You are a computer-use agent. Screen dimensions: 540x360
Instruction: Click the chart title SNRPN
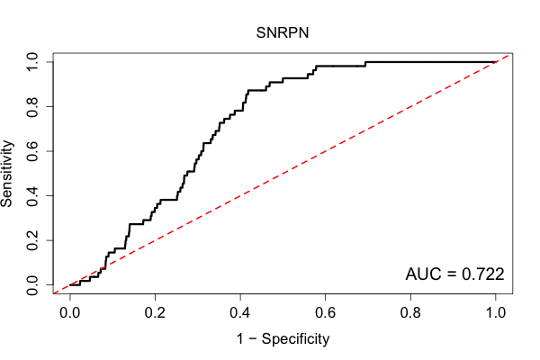point(282,33)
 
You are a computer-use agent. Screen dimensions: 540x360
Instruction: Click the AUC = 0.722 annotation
point(454,274)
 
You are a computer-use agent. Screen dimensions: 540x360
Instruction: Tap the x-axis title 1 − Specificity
point(283,339)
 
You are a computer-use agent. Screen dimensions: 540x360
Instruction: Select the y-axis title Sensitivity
point(7,174)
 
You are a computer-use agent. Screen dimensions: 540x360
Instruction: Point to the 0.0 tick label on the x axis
point(70,313)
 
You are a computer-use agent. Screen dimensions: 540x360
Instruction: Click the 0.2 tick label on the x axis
point(155,313)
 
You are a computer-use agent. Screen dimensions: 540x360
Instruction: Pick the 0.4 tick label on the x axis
point(240,313)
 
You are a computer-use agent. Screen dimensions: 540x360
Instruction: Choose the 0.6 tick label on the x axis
point(325,313)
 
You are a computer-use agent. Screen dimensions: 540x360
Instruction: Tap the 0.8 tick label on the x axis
point(410,313)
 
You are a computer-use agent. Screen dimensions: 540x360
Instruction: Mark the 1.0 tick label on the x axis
point(496,313)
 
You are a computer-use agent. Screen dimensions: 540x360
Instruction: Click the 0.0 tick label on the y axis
point(32,284)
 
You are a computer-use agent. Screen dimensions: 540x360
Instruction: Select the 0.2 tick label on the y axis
point(32,240)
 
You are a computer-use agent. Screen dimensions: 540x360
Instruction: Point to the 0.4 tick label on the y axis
point(32,195)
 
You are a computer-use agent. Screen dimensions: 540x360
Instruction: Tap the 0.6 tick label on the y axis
point(32,151)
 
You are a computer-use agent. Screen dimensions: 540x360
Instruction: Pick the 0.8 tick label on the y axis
point(32,107)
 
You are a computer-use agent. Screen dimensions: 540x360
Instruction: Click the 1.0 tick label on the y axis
point(32,62)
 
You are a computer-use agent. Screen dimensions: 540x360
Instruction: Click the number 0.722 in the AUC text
point(482,274)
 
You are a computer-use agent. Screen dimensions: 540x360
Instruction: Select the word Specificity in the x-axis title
point(295,339)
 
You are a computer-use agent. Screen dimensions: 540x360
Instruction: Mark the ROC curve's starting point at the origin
point(70,284)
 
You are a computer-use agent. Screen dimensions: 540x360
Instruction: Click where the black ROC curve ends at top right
point(496,62)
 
